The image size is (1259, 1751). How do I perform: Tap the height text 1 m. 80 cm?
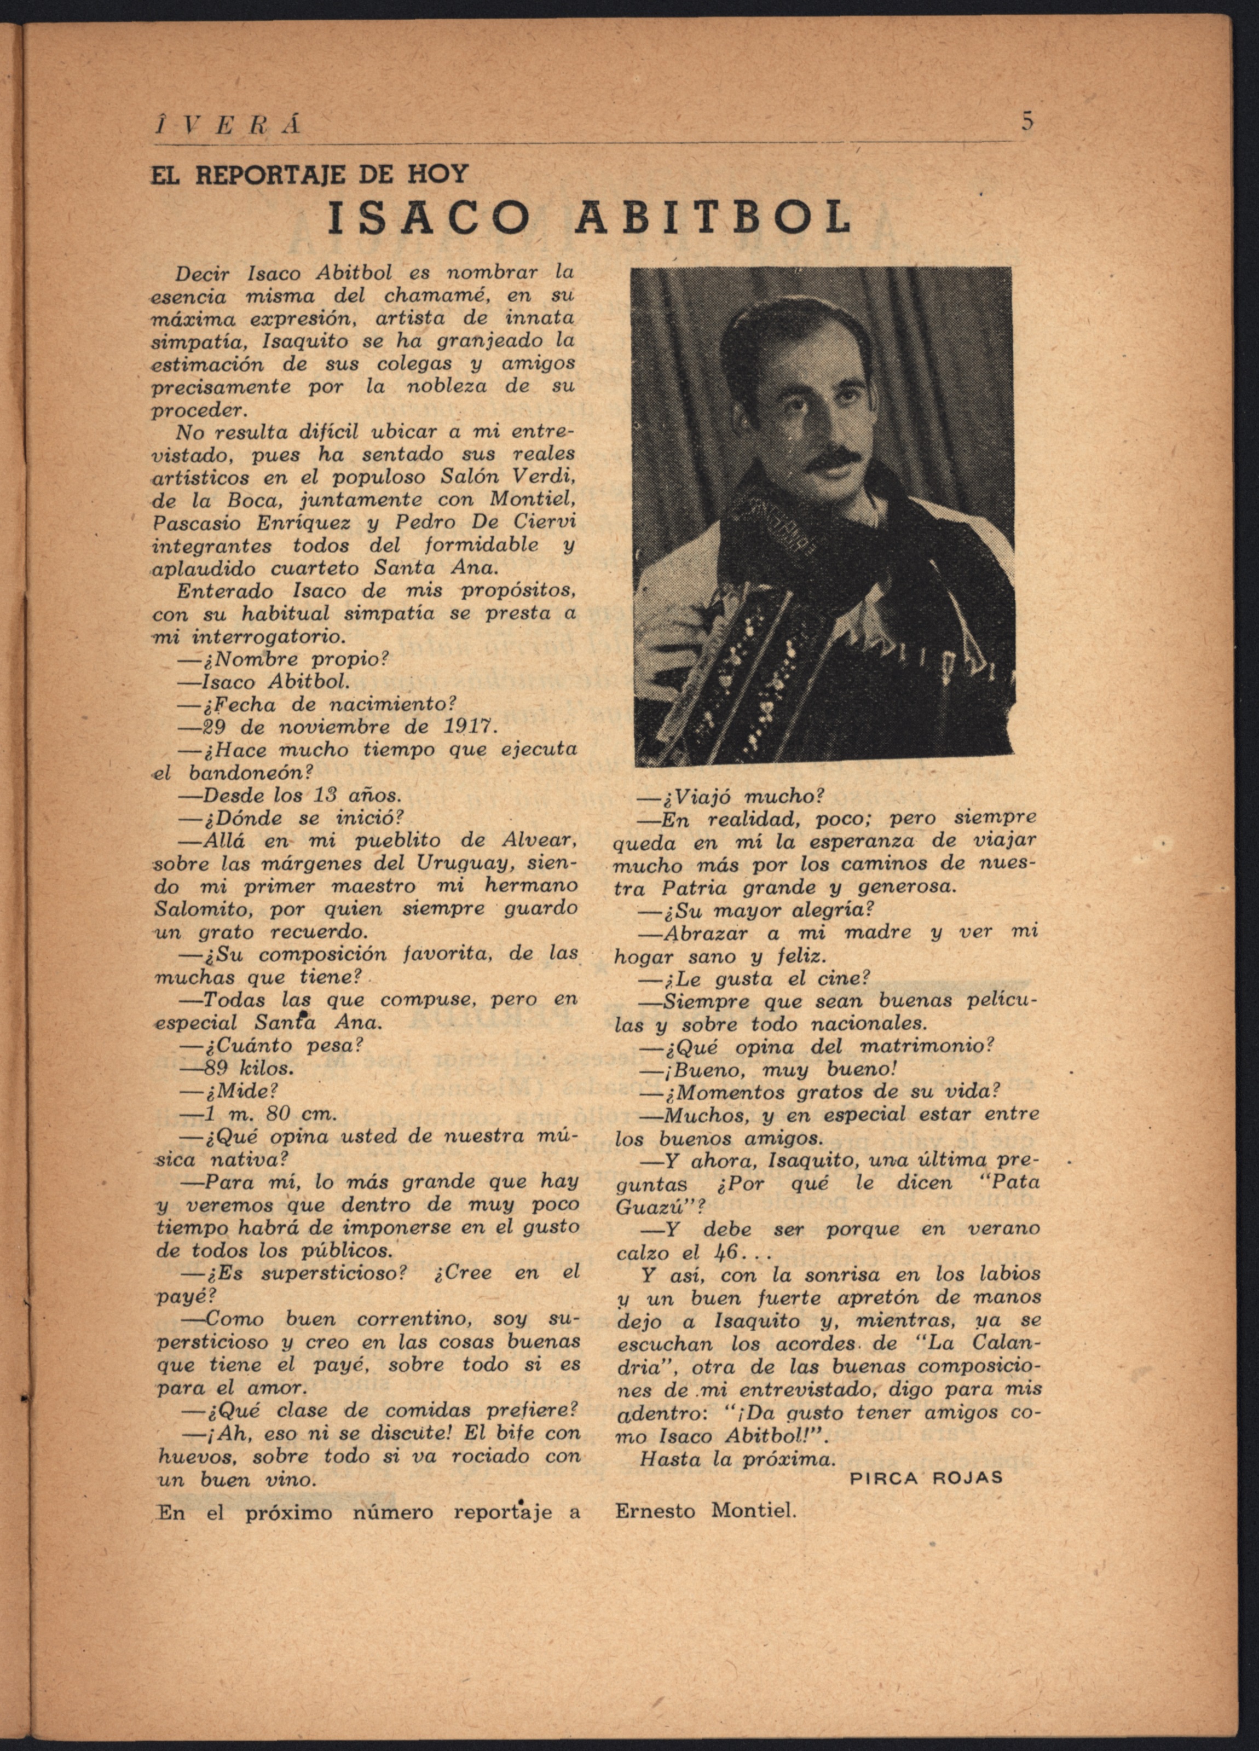coord(269,1114)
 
